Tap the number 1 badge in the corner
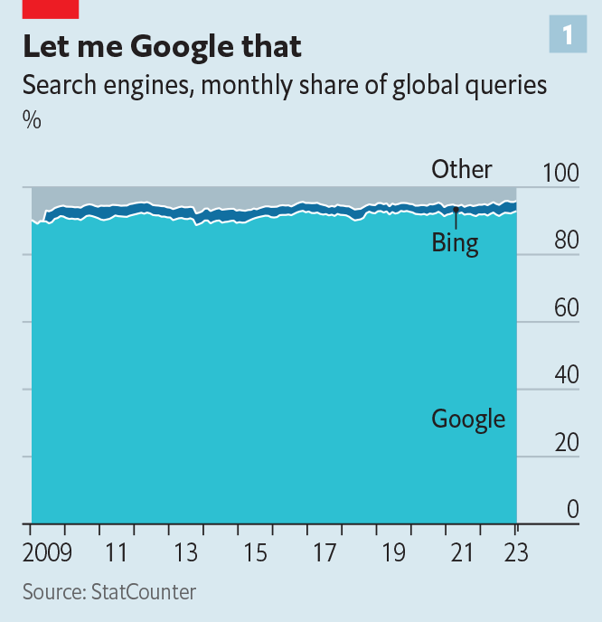click(x=568, y=34)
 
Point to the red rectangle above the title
click(x=51, y=9)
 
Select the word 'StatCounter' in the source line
click(x=142, y=592)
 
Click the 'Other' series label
click(x=462, y=169)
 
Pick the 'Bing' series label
click(x=455, y=242)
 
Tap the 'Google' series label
click(x=468, y=419)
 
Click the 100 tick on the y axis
click(x=560, y=173)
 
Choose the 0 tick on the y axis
click(x=572, y=510)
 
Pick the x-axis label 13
click(x=185, y=552)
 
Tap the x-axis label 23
click(x=515, y=552)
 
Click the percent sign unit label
click(x=32, y=118)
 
